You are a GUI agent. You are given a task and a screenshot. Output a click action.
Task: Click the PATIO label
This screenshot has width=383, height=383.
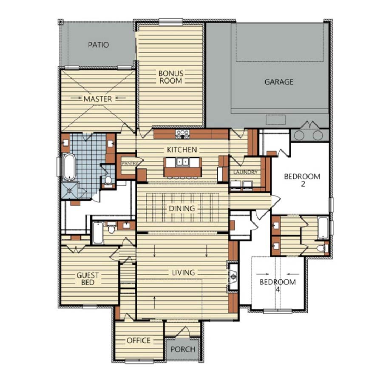99,45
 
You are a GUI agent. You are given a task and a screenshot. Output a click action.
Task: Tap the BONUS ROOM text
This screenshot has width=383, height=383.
171,77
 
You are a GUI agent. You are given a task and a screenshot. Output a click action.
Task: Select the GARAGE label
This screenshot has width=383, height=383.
279,82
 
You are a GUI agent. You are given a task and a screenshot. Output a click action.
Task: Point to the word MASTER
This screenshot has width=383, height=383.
98,99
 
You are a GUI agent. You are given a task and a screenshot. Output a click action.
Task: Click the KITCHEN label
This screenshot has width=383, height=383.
182,150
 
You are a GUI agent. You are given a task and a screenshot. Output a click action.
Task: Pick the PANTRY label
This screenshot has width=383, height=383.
130,163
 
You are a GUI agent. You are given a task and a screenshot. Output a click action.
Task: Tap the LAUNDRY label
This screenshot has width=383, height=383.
245,172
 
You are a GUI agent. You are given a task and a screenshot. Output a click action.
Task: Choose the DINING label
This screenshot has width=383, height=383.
182,209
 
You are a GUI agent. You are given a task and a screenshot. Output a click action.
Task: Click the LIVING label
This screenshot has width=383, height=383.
184,272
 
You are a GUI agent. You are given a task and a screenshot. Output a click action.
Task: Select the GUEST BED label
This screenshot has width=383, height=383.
88,279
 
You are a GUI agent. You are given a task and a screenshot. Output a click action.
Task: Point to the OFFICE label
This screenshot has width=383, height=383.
139,340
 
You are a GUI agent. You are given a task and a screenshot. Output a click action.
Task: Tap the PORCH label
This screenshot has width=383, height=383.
183,349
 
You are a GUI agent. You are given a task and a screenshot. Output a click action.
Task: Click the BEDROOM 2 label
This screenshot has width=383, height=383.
302,180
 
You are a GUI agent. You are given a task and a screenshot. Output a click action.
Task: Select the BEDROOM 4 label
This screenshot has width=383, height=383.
278,286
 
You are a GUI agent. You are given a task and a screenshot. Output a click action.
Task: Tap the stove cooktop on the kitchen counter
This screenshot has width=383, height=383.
183,134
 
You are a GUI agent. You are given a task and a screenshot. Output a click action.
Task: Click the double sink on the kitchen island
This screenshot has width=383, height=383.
183,162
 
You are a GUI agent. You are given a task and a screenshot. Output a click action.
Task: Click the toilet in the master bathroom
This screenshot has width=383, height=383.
108,180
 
